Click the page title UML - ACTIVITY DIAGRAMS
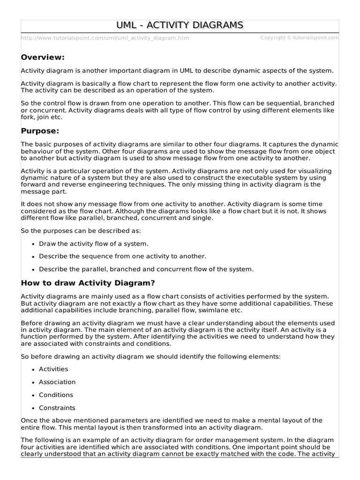pos(180,25)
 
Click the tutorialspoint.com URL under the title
pos(105,38)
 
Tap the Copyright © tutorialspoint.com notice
pos(299,37)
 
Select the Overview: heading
pos(43,57)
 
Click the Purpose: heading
pos(41,131)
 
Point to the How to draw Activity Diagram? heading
pos(88,283)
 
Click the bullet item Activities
pos(53,369)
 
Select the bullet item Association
pos(57,382)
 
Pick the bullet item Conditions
pos(56,395)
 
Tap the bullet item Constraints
pos(57,408)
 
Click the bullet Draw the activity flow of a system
pos(94,244)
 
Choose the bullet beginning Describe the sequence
pos(122,256)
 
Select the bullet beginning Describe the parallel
pos(146,269)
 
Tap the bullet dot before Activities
pos(33,370)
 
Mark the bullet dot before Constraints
pos(33,408)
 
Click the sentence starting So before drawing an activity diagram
pos(150,357)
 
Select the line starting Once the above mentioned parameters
pos(172,420)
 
